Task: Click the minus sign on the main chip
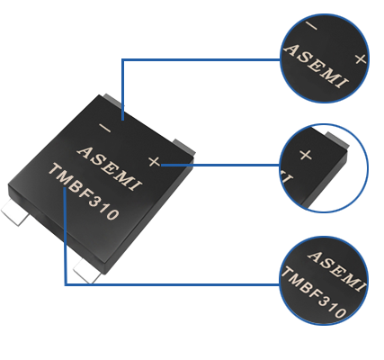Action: pos(105,129)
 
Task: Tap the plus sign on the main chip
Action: pos(155,162)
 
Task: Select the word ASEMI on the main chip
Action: pos(109,168)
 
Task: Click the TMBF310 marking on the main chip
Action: pos(84,192)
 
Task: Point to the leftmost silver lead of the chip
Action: pos(15,211)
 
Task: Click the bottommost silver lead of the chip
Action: pos(87,271)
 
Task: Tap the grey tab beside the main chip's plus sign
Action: pos(183,147)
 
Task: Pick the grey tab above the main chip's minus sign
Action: pos(113,100)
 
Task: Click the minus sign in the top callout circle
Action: pos(311,26)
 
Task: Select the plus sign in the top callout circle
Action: pos(361,59)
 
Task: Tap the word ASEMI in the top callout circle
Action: pos(317,67)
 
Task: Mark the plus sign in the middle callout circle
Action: pos(306,155)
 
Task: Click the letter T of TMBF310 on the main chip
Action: pos(54,170)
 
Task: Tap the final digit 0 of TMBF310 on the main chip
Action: pos(113,214)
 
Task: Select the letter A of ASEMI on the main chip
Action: pos(85,152)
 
